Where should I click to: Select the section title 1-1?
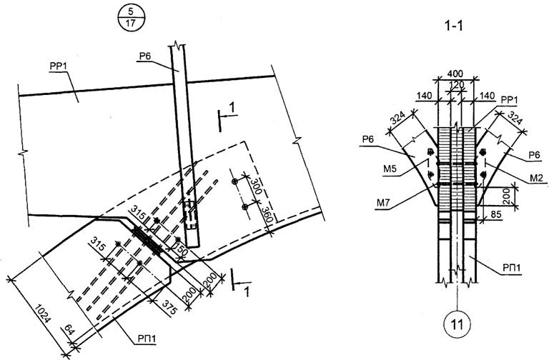point(453,26)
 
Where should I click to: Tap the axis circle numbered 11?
point(457,324)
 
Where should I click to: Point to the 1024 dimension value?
point(43,314)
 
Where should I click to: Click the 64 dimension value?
point(69,330)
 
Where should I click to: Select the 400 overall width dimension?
point(455,74)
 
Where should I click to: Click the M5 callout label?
point(390,169)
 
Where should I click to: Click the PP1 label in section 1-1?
point(509,100)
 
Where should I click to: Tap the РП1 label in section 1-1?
point(512,268)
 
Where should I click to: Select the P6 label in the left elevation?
point(144,56)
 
